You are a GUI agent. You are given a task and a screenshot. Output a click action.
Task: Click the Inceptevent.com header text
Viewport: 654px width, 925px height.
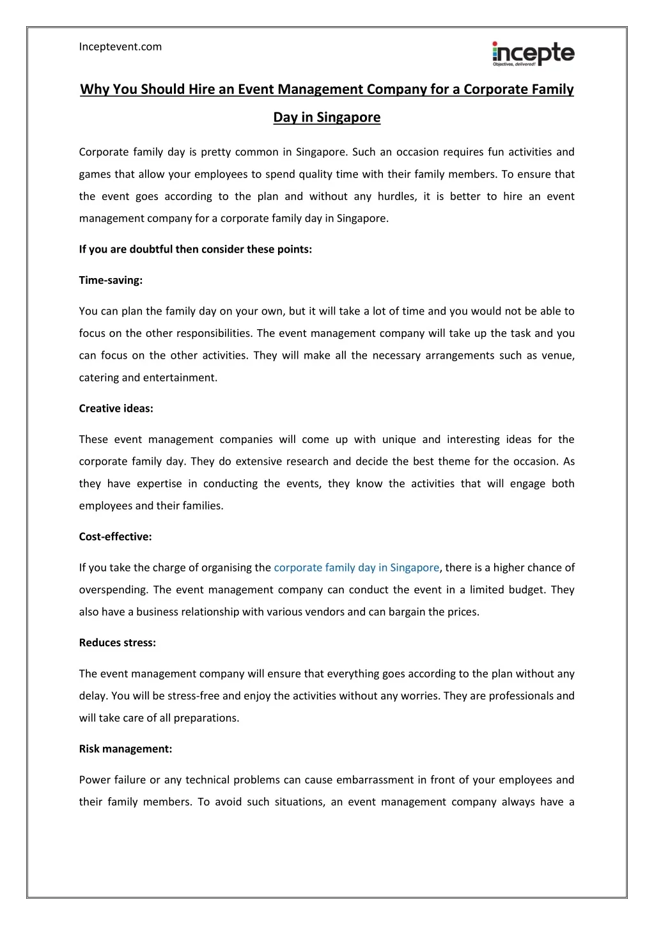click(x=120, y=47)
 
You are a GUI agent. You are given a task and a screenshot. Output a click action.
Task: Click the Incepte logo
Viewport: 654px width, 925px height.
click(x=533, y=54)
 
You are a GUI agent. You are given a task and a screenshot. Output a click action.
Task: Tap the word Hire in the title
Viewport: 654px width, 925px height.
click(x=201, y=89)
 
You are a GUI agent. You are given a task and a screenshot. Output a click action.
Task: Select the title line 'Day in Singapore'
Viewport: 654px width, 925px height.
click(x=327, y=118)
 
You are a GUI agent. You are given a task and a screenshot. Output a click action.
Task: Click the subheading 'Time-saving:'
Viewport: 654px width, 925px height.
click(x=111, y=280)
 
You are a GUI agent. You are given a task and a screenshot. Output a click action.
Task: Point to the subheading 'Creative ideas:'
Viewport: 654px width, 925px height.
click(x=116, y=408)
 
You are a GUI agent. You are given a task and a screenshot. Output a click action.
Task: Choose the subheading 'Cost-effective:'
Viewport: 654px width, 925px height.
click(x=115, y=537)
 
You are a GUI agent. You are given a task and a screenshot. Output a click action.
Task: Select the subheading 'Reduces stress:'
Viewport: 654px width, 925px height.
click(x=117, y=643)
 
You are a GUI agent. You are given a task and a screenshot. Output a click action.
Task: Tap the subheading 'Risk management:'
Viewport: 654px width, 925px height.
click(x=125, y=749)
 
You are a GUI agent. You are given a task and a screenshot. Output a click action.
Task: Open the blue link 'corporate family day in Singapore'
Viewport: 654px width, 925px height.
click(x=356, y=568)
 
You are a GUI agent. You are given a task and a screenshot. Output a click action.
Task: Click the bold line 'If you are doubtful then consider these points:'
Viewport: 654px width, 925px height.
click(x=195, y=249)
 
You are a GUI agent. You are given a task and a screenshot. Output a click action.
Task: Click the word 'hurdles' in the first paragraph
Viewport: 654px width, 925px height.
click(x=396, y=196)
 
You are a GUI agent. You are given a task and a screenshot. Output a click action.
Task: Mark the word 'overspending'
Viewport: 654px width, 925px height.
click(x=112, y=590)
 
